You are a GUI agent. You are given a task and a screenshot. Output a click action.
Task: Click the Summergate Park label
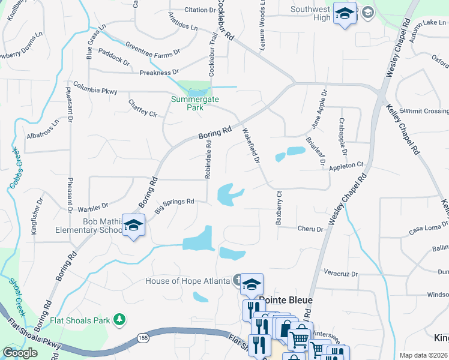[x=194, y=103]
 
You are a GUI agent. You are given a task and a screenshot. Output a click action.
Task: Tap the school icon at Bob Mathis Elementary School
[x=133, y=226]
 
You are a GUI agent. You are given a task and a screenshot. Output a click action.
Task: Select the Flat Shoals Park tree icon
[x=120, y=319]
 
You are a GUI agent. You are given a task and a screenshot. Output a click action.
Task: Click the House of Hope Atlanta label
[x=187, y=281]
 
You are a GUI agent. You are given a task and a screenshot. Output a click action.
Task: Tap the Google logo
[x=20, y=353]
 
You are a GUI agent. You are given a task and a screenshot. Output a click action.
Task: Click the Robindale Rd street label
[x=208, y=160]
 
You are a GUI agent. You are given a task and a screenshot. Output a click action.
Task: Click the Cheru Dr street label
[x=310, y=229]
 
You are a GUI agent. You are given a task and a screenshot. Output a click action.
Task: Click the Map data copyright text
[x=423, y=355]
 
